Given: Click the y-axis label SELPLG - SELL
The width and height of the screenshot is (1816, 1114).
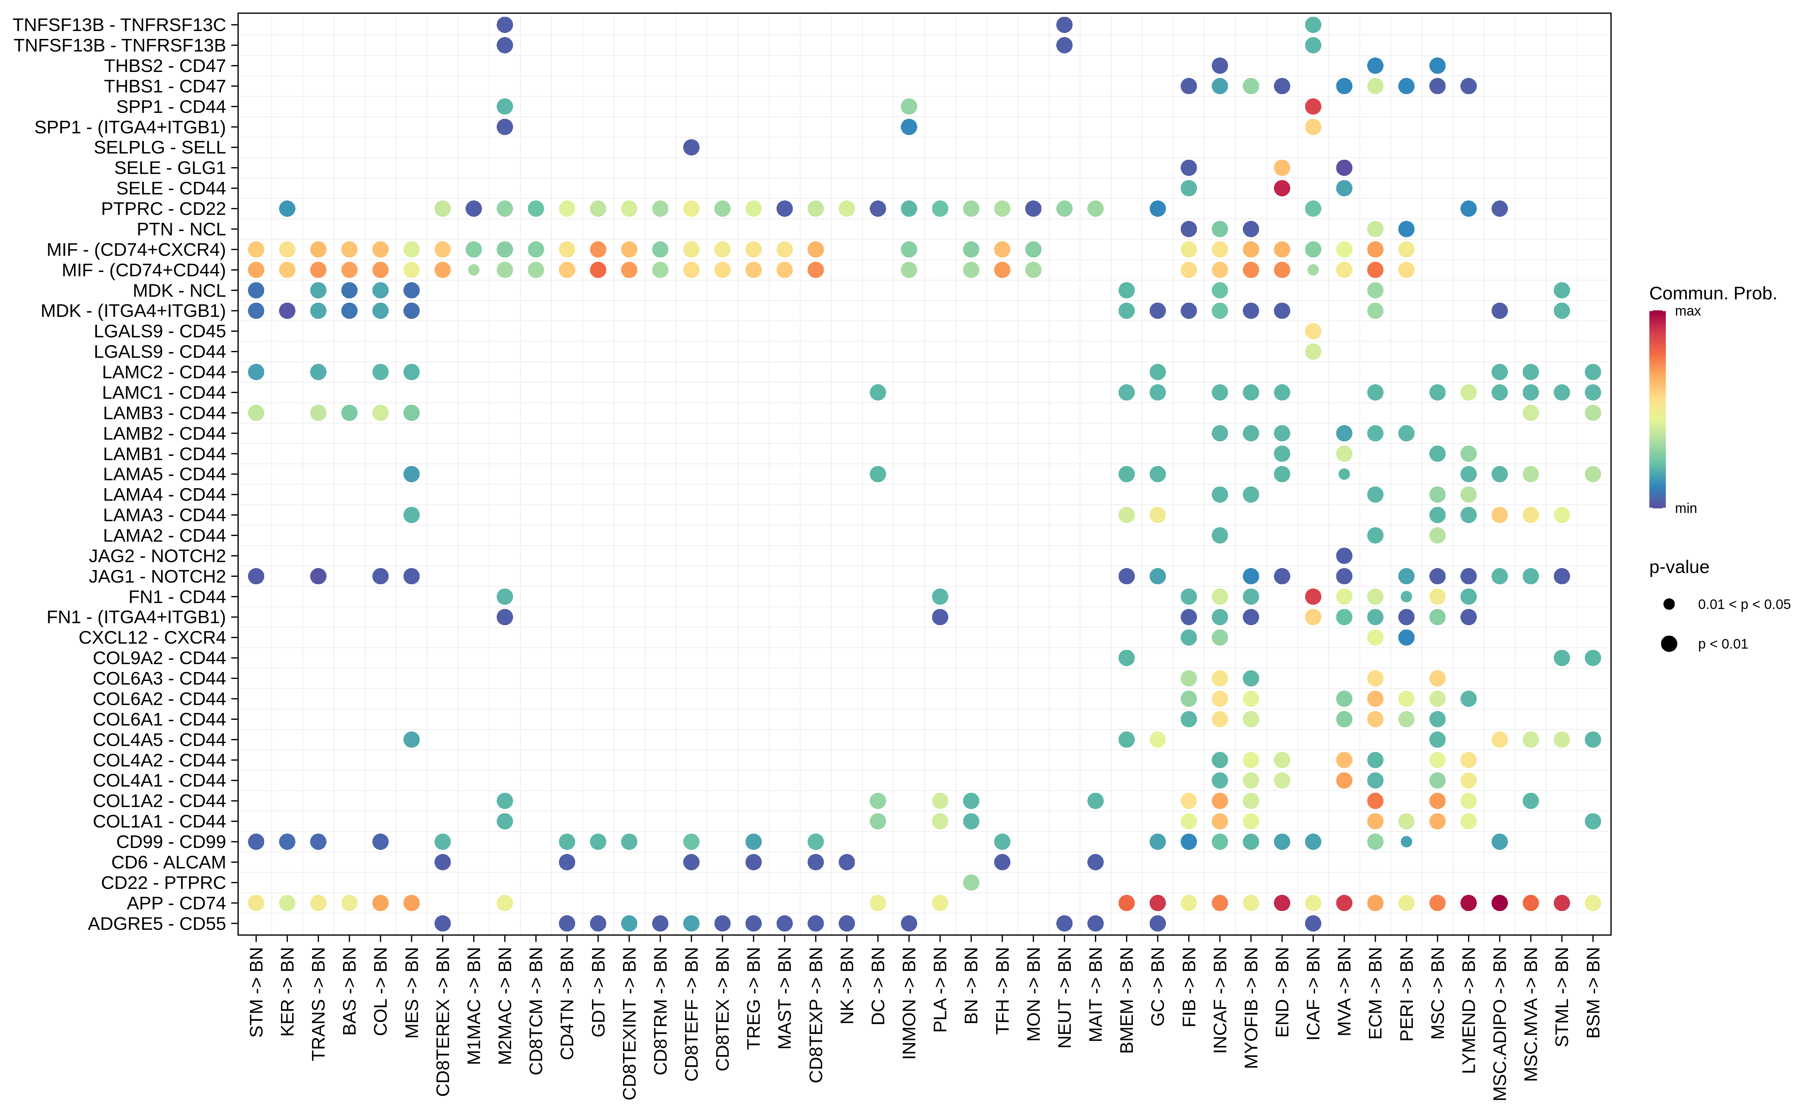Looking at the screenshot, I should [159, 147].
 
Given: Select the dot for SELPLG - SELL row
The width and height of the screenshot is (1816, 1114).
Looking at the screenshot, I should [691, 147].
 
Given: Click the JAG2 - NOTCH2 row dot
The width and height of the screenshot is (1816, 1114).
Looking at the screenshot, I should [1344, 556].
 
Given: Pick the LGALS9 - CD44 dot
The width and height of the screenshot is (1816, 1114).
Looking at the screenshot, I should [1312, 352].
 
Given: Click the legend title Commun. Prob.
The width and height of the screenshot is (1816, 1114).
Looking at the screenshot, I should [1712, 293].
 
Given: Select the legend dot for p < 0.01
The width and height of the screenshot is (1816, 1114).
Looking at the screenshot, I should [1669, 644].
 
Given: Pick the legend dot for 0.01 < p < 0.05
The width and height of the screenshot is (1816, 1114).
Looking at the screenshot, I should [1669, 604].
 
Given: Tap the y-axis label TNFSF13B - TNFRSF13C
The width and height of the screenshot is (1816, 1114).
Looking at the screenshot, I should [120, 25].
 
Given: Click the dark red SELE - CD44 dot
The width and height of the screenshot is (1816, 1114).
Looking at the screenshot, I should [1282, 188].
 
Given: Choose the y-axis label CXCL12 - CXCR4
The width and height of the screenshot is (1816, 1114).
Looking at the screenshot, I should [152, 637].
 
